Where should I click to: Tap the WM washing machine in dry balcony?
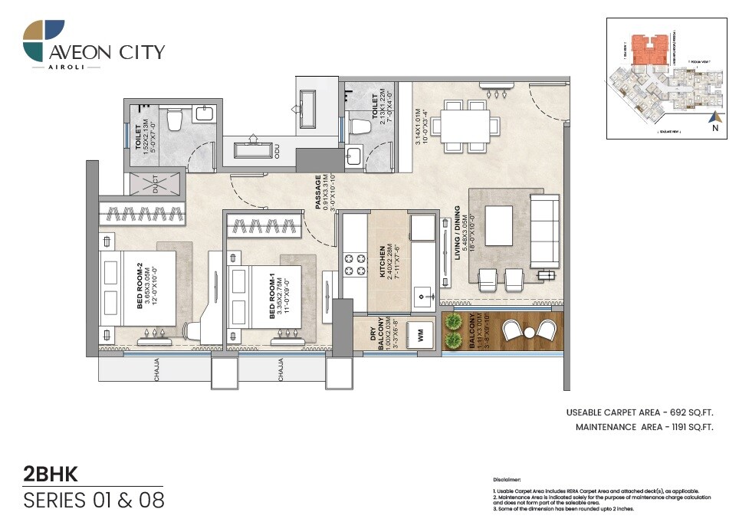pos(420,334)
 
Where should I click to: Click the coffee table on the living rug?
pos(498,225)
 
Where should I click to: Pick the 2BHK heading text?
pos(51,473)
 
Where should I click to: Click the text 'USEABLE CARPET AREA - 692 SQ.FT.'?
pos(639,413)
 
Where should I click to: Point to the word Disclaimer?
pos(507,477)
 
